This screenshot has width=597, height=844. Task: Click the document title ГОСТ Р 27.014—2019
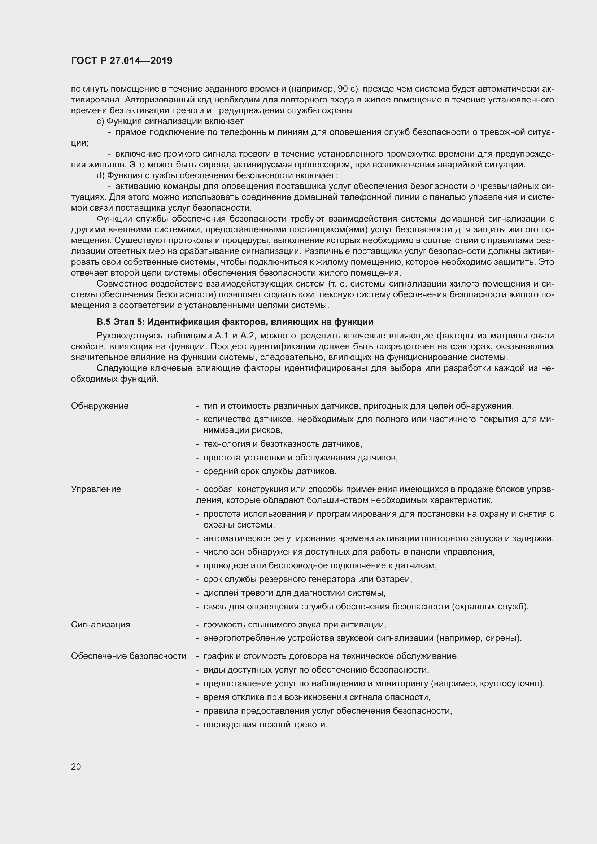[122, 61]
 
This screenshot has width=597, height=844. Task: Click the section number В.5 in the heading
[104, 322]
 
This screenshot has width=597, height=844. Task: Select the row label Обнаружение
[100, 406]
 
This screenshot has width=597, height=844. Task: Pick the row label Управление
[96, 489]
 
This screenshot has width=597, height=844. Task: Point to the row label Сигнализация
[100, 625]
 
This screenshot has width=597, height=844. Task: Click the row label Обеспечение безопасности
[128, 656]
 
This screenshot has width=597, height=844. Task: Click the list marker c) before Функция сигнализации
[100, 121]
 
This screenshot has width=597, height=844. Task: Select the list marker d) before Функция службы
[100, 175]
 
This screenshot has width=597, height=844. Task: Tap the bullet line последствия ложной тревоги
[265, 725]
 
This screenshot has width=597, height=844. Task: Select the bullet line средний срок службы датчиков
[270, 471]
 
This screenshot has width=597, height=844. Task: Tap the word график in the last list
[216, 656]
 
